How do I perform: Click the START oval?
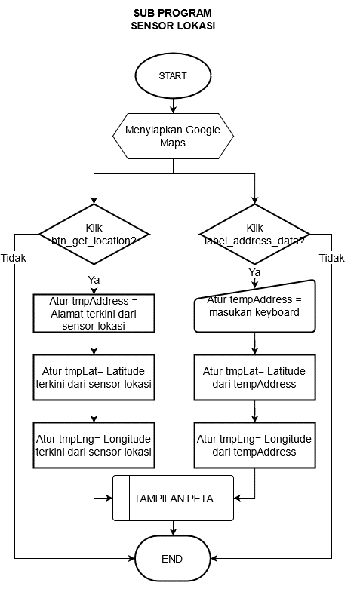(173, 75)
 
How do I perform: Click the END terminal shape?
(173, 559)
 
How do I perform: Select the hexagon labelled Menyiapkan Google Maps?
(173, 136)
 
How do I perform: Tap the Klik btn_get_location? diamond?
(94, 234)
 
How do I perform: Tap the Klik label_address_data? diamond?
(255, 234)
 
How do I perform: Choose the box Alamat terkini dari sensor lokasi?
(94, 313)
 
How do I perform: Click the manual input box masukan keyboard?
(255, 306)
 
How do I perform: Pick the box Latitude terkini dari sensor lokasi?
(94, 377)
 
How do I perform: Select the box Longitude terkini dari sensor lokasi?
(94, 445)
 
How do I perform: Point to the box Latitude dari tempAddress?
(255, 377)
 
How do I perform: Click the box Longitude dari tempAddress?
(255, 445)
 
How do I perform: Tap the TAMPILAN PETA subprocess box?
(174, 498)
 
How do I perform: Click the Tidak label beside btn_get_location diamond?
(14, 258)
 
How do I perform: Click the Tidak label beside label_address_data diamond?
(332, 258)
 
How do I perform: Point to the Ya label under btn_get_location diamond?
(94, 280)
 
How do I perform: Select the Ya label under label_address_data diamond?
(255, 272)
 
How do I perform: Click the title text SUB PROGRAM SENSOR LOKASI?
(173, 19)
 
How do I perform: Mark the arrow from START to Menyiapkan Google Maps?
(173, 106)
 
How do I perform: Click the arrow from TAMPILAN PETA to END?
(173, 528)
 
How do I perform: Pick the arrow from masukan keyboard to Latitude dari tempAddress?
(255, 343)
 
